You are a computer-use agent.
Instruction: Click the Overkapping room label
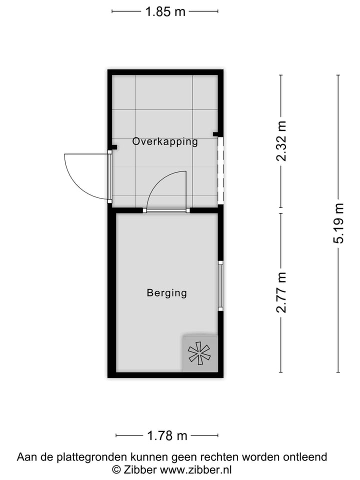pyautogui.click(x=165, y=141)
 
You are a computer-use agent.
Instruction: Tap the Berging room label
pyautogui.click(x=166, y=293)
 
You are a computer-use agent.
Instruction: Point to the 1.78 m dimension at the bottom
pyautogui.click(x=167, y=436)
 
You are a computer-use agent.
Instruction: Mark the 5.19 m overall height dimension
pyautogui.click(x=339, y=223)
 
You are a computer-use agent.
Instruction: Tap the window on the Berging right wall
pyautogui.click(x=220, y=285)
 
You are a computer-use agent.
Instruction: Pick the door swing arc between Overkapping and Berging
pyautogui.click(x=165, y=187)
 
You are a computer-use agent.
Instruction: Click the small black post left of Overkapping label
pyautogui.click(x=114, y=147)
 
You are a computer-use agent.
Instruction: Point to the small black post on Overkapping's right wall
pyautogui.click(x=216, y=134)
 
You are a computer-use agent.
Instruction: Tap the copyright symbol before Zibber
pyautogui.click(x=116, y=469)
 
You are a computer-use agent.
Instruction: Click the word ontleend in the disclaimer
pyautogui.click(x=305, y=456)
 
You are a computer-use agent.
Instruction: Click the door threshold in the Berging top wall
pyautogui.click(x=166, y=210)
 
